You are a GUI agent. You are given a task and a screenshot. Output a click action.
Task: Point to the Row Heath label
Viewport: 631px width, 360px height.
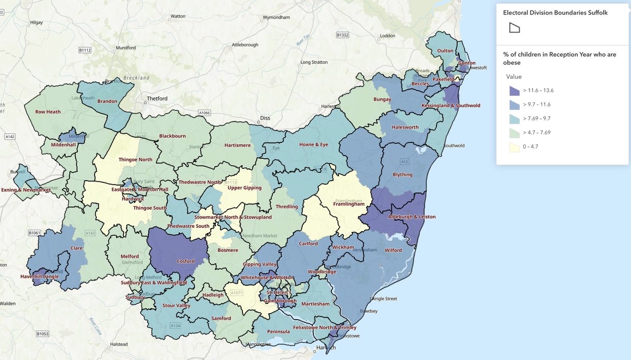(x=48, y=111)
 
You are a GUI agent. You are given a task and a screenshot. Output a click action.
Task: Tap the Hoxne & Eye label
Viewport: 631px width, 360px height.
(x=309, y=145)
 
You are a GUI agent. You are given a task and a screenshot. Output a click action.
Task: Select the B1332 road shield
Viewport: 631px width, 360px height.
(x=343, y=35)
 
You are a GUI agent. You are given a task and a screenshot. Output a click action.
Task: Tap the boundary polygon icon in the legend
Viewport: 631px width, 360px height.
(x=514, y=28)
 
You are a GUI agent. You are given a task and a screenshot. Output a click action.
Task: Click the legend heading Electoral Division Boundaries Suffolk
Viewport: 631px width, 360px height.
(x=555, y=13)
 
